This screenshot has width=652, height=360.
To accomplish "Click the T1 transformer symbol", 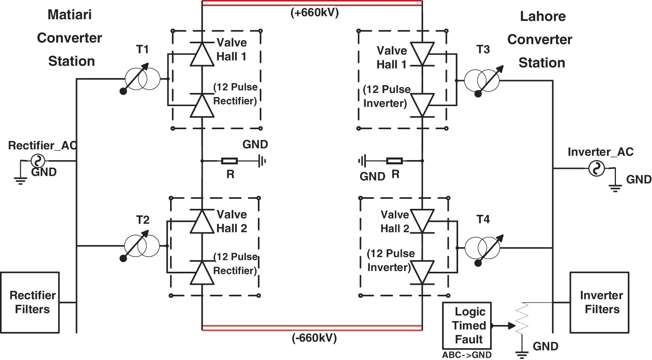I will pos(143,79).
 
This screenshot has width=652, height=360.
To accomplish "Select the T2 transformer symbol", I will pos(142,246).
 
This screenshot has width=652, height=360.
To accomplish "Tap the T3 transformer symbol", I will pos(482,80).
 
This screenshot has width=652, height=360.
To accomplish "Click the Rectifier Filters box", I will pos(30,302).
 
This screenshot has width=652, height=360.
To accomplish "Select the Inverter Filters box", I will pos(599,302).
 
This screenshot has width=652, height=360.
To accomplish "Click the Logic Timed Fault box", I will pos(467,325).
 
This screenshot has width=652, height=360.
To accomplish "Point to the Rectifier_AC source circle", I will pos(38,161).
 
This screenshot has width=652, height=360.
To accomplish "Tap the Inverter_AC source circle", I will pos(596,168).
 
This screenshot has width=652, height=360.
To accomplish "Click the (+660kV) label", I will pos(314,13).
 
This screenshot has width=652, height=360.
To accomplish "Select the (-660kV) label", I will pos(314,338).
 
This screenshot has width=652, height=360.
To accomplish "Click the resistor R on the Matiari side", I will pos(230,161).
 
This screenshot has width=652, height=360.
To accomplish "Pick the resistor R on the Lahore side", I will pos(394,161).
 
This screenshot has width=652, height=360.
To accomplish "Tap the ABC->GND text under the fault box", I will pos(467,355).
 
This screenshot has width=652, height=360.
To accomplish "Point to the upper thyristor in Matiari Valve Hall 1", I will pos(202,54).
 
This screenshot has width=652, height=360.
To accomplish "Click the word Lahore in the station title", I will pos(543,16).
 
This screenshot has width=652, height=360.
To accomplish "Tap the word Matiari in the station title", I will pos(70,15).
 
